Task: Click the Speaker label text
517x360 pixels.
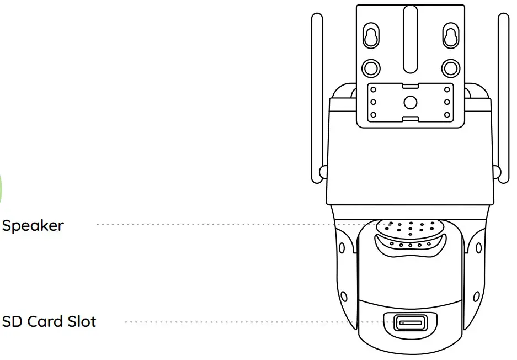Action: tap(33, 225)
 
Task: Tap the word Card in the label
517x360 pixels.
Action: tap(50, 321)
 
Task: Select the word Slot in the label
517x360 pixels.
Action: tap(82, 321)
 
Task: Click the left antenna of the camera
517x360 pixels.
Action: tap(317, 99)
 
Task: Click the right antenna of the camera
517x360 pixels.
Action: tap(503, 99)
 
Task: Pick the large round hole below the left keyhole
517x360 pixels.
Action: tap(371, 68)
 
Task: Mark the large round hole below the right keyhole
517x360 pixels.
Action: tap(450, 68)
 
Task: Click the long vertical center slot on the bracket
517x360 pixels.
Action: tap(410, 39)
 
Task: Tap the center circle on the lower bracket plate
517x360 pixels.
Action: tap(410, 102)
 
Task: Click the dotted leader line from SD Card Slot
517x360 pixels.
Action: tap(248, 321)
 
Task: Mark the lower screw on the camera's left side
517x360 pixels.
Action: tap(343, 296)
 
